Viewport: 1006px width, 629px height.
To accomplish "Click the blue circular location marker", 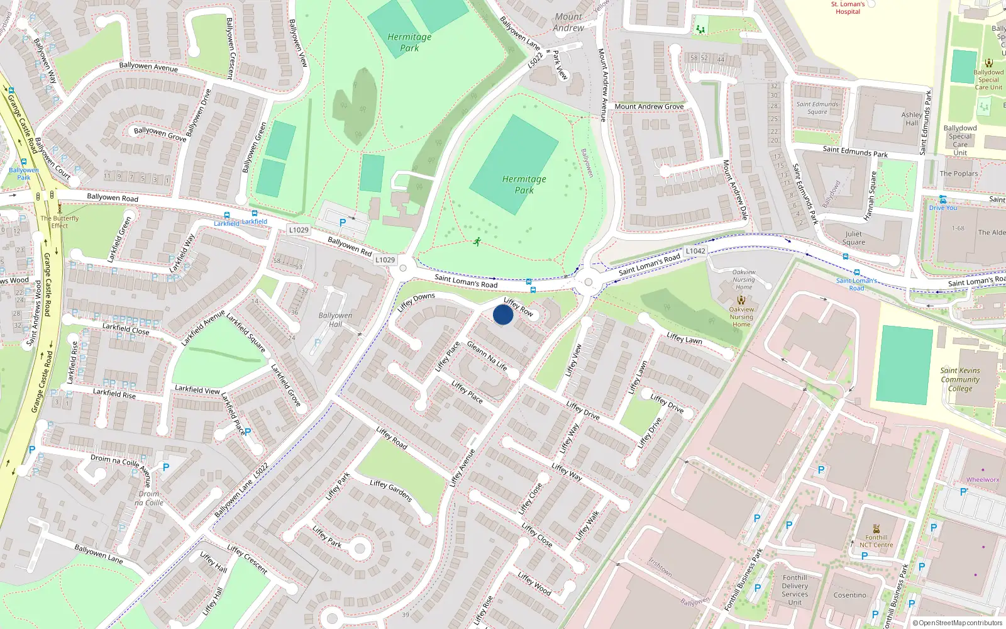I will (x=503, y=314).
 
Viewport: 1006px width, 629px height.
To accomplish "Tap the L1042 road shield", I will (x=695, y=251).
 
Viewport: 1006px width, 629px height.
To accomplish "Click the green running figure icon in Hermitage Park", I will (x=477, y=242).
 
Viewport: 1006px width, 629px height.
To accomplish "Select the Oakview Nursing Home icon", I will (x=741, y=300).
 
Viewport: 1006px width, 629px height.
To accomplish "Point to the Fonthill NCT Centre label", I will (x=876, y=541).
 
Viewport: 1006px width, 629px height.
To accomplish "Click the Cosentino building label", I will (x=849, y=595).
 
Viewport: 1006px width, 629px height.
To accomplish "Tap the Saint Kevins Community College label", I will (x=960, y=379).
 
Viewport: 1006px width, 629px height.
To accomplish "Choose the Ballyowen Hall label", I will (x=335, y=320).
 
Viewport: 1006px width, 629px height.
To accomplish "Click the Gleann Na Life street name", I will (x=487, y=355).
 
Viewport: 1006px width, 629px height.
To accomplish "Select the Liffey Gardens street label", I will (x=391, y=490).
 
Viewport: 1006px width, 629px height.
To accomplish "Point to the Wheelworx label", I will (x=982, y=480).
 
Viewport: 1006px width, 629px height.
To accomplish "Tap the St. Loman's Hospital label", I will (x=848, y=8).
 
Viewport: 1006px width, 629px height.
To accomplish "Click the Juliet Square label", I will (x=853, y=238).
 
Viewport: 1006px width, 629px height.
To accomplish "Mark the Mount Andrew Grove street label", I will (x=649, y=106).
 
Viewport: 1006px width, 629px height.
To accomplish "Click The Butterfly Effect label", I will (x=60, y=222).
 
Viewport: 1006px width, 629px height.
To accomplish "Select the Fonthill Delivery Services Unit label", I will (x=795, y=590).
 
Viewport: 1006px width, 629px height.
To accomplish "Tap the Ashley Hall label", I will (x=911, y=119).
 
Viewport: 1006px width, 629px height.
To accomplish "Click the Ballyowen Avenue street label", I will (x=148, y=66).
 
